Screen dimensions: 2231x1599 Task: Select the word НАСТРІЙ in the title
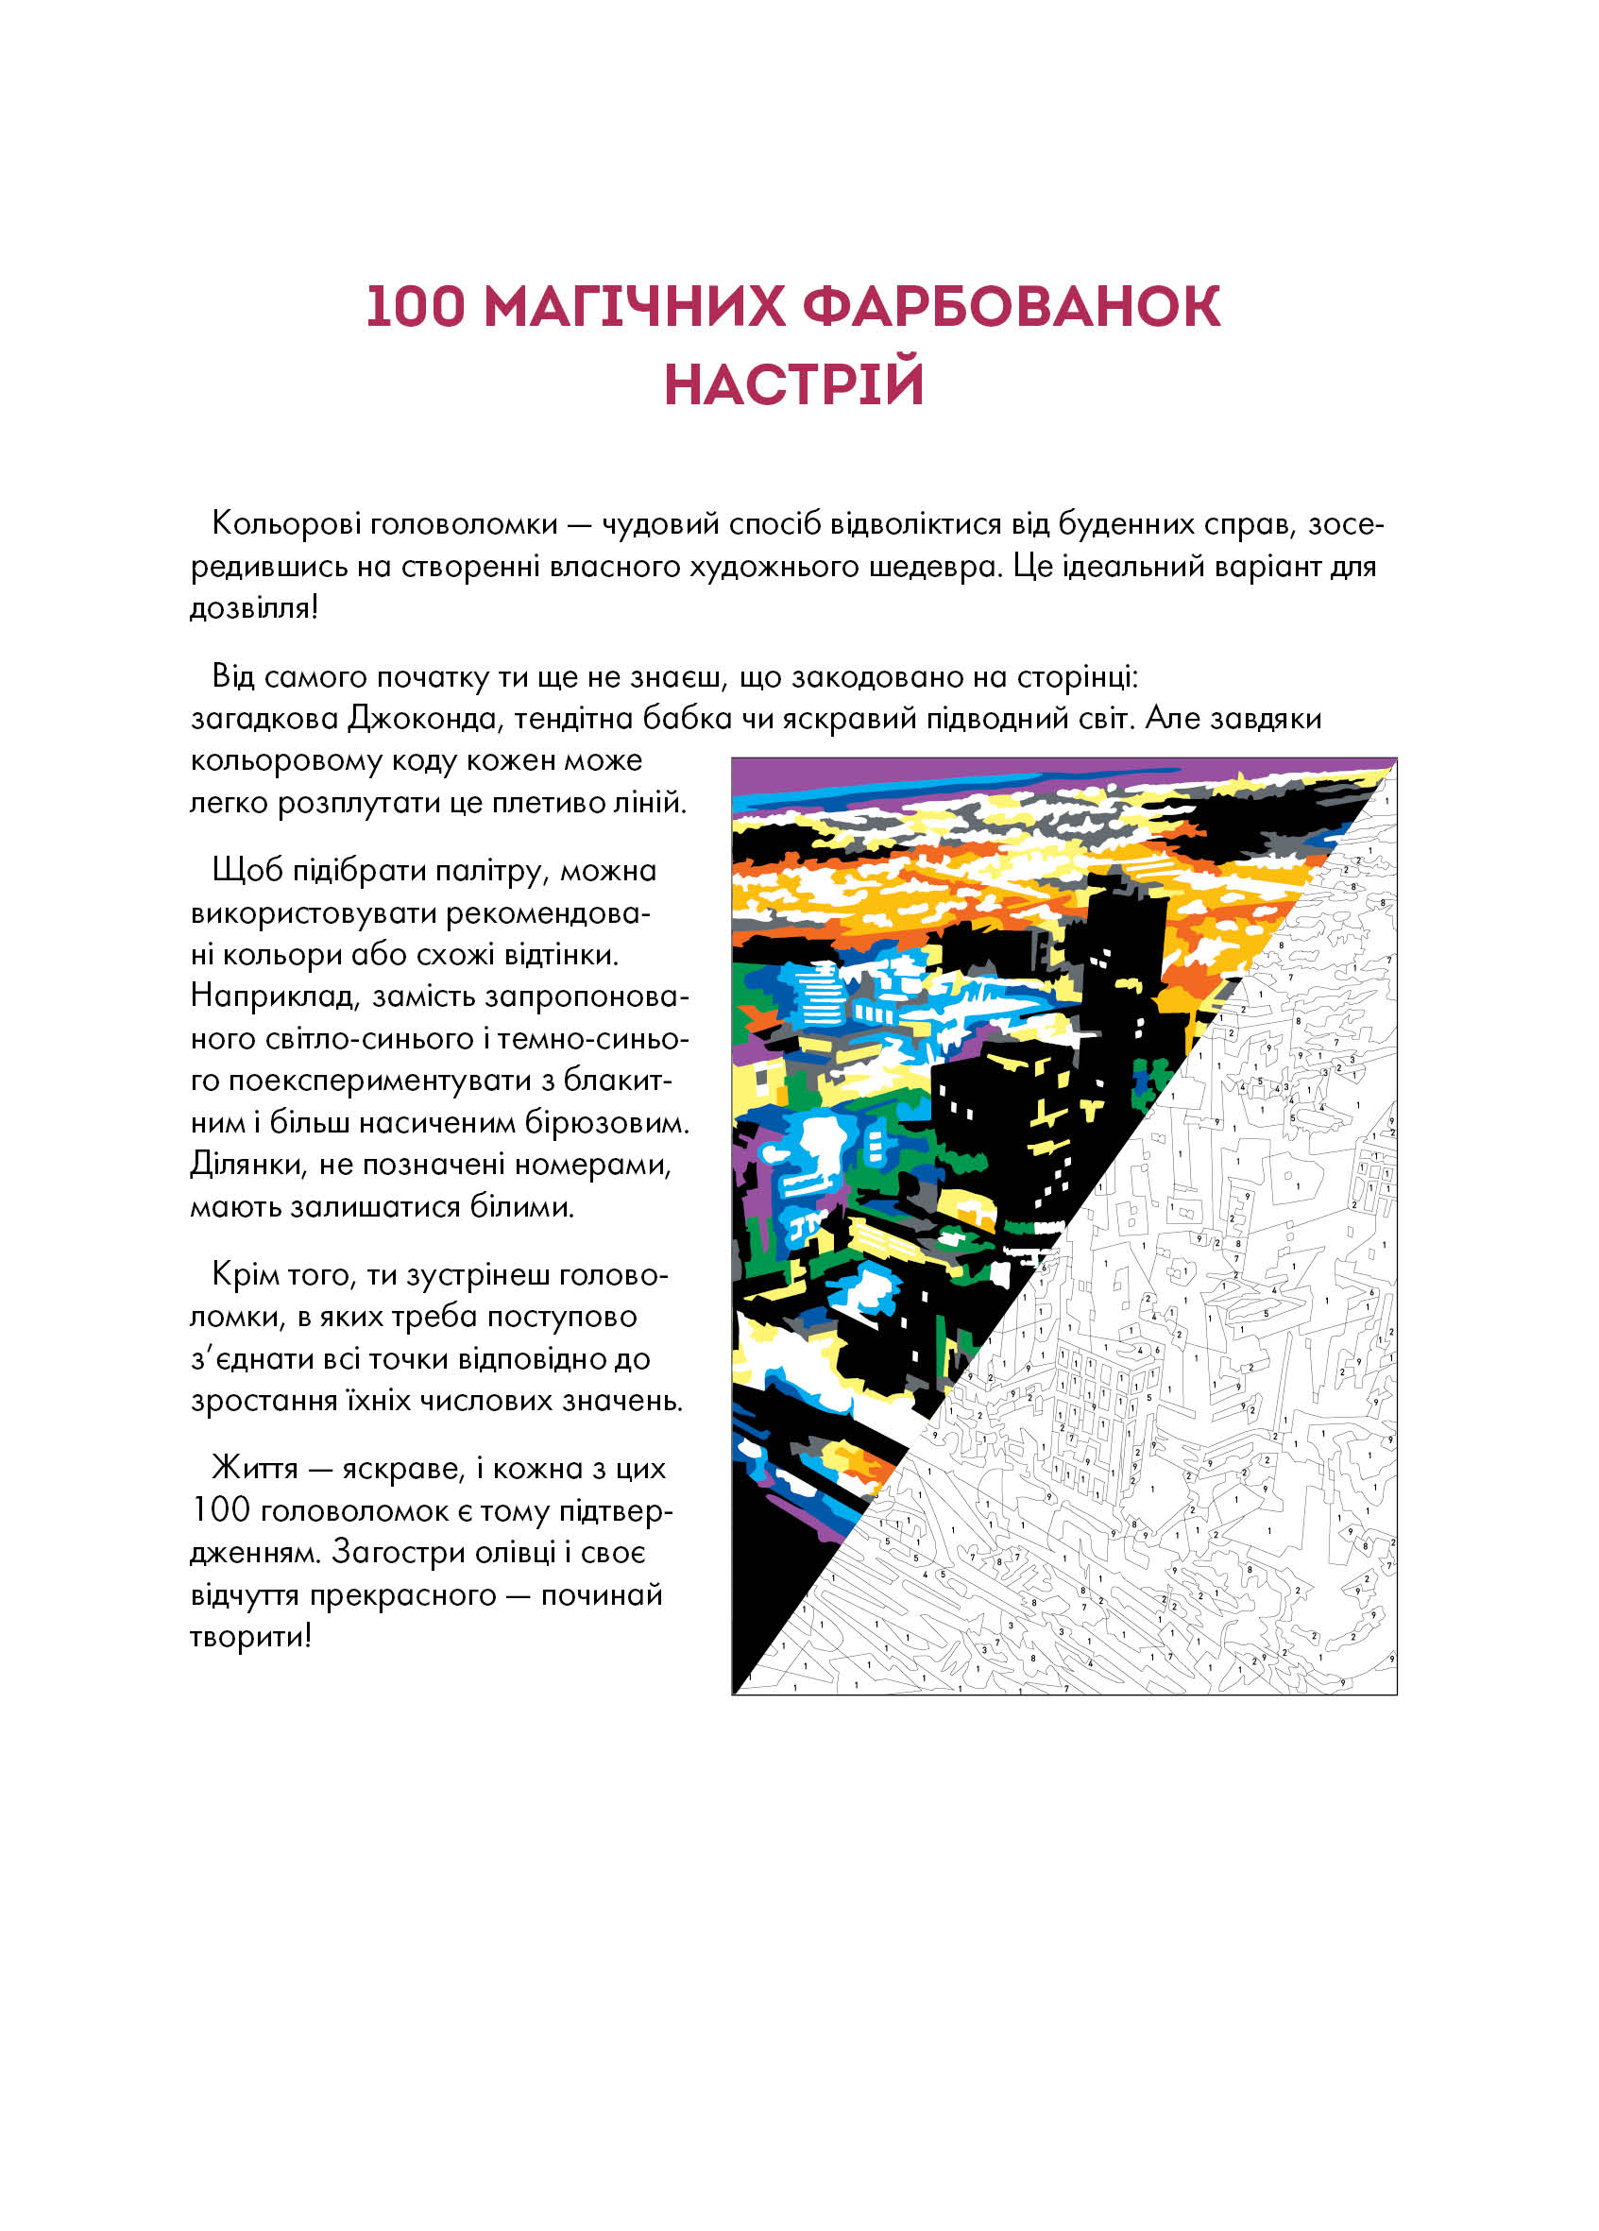794,383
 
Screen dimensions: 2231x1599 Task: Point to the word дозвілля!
254,608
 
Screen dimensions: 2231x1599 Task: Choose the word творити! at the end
251,1636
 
